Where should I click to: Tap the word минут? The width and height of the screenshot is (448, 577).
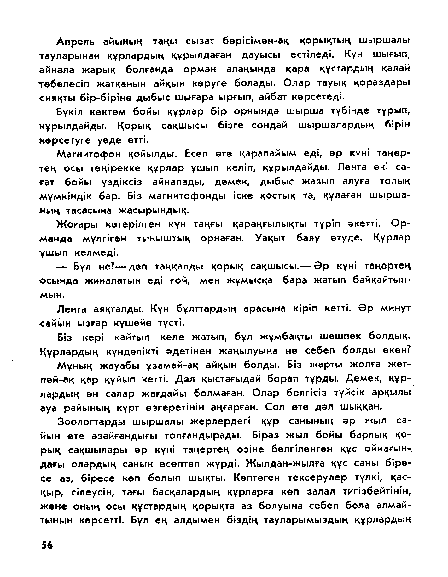[395, 308]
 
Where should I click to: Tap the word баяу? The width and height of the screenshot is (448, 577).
[308, 238]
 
